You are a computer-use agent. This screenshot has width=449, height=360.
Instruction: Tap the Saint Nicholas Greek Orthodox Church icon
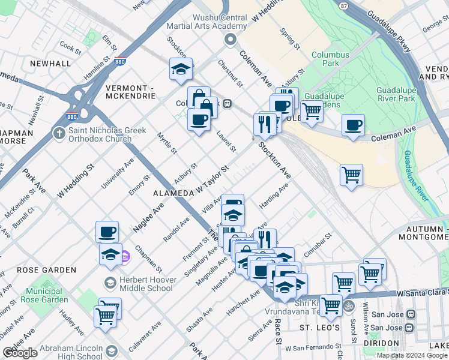pyautogui.click(x=59, y=132)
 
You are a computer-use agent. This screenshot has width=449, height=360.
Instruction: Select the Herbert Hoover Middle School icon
pyautogui.click(x=110, y=283)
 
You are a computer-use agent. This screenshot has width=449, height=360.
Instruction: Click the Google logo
pyautogui.click(x=20, y=353)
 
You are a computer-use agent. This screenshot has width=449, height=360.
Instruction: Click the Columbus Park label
pyautogui.click(x=330, y=59)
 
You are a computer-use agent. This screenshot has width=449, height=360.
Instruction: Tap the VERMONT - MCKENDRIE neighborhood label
pyautogui.click(x=130, y=92)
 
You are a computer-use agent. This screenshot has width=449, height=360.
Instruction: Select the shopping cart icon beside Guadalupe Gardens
pyautogui.click(x=312, y=110)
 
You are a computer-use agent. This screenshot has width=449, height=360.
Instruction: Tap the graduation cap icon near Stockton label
pyautogui.click(x=181, y=70)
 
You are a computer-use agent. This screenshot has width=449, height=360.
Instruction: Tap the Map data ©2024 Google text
pyautogui.click(x=412, y=355)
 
